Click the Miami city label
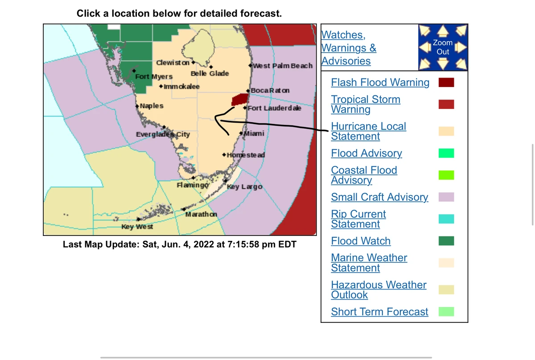tap(254, 133)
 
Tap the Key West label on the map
tap(137, 227)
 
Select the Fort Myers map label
tap(153, 76)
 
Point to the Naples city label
tap(152, 106)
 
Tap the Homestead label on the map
tap(246, 155)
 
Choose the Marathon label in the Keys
tap(201, 214)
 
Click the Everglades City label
tap(163, 134)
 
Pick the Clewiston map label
tap(173, 62)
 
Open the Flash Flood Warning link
tap(380, 83)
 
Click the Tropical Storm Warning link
tap(366, 104)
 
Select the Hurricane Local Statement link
tap(368, 131)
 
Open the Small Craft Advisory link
tap(379, 197)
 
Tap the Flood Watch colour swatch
tap(446, 241)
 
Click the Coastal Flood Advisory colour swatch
tap(446, 175)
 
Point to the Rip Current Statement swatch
tap(446, 219)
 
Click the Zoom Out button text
tap(443, 47)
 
